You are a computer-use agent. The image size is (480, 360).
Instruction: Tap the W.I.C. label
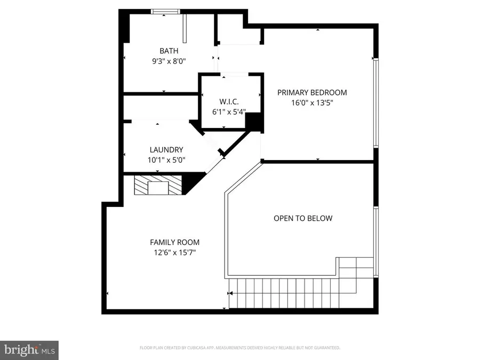click(x=229, y=102)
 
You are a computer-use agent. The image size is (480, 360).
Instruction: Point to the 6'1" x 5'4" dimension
click(x=229, y=111)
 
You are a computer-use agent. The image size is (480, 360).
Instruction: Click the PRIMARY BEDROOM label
click(x=312, y=92)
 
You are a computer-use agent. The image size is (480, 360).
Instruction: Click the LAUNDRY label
click(x=166, y=150)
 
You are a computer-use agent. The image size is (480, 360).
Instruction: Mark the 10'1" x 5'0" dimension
click(x=166, y=159)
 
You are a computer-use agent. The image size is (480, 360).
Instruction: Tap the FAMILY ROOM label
click(x=175, y=242)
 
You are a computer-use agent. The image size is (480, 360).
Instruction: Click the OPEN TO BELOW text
click(x=302, y=218)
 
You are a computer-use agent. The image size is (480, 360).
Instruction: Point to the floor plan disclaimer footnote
click(x=239, y=348)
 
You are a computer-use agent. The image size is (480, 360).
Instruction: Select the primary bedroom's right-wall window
click(x=376, y=102)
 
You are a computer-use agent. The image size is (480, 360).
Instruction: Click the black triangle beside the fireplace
click(x=194, y=182)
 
